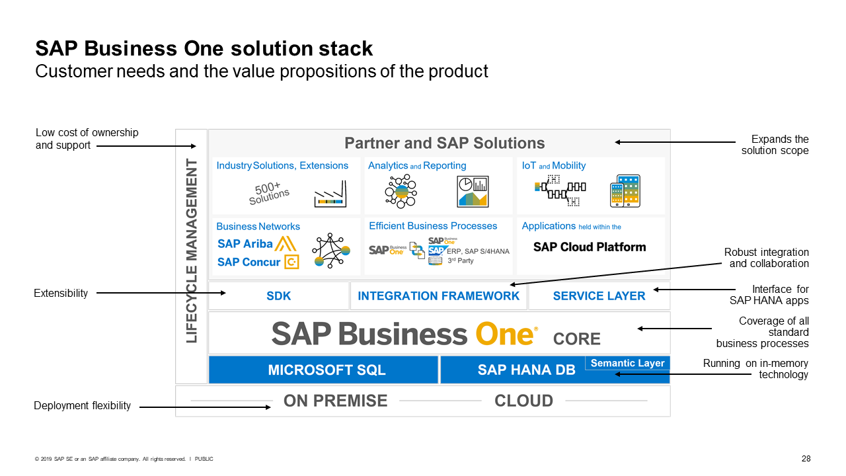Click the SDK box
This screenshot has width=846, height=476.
tap(278, 296)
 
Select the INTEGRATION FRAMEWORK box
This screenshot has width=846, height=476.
tap(438, 296)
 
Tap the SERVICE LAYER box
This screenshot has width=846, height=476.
tap(599, 296)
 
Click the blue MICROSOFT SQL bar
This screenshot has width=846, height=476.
tap(323, 370)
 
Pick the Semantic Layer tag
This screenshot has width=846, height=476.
tap(627, 363)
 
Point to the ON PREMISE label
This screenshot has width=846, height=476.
tap(335, 401)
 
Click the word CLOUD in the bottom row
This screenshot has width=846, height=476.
tap(523, 401)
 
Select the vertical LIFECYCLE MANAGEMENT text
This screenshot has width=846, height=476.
tap(192, 251)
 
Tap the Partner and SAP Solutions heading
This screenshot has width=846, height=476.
tap(444, 143)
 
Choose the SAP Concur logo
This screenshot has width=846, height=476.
tap(258, 262)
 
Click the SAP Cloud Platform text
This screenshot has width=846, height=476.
tap(590, 247)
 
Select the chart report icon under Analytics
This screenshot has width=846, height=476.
tap(472, 192)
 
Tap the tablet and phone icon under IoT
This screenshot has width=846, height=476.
tap(625, 191)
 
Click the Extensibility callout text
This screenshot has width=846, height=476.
tap(61, 293)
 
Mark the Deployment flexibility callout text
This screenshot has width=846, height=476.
tap(82, 405)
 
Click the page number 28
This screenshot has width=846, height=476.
tap(806, 459)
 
